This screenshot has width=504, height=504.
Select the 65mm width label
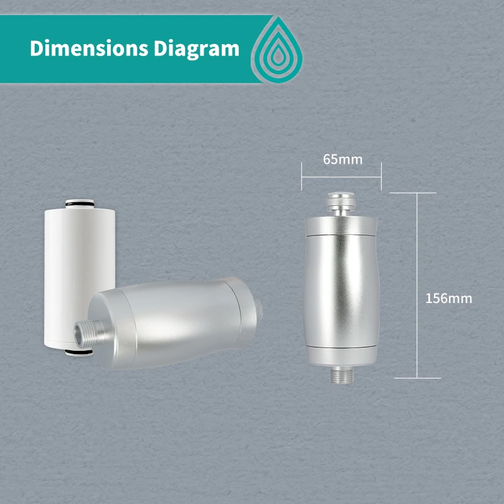(343, 159)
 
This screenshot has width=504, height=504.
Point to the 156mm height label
(449, 298)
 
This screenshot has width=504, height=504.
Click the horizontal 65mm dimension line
(341, 176)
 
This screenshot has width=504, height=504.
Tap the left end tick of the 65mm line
(302, 176)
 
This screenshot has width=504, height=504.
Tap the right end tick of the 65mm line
(382, 176)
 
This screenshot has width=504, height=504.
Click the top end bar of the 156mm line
(416, 193)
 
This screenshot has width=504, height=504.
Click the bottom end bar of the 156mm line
(416, 378)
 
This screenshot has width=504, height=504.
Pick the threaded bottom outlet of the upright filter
(341, 374)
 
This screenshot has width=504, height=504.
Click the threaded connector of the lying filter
(86, 334)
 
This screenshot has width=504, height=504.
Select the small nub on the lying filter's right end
(259, 309)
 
